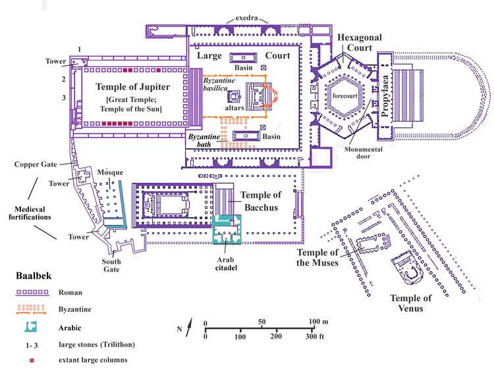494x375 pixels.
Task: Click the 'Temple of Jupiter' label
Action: click(133, 86)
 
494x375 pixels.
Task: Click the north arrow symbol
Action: click(188, 327)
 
